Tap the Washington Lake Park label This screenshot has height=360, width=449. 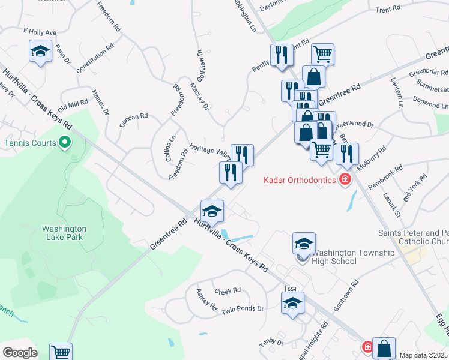coord(64,233)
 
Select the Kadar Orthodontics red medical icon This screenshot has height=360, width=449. coord(345,179)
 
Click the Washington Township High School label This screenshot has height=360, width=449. coord(354,257)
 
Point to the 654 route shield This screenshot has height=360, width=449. coord(292,289)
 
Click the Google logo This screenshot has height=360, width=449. coord(20,353)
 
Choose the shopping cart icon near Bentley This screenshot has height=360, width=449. coord(322,55)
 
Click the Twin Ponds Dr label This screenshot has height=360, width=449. coord(243,309)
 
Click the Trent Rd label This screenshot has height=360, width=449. coord(388,10)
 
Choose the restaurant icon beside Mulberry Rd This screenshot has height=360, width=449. coord(347,154)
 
